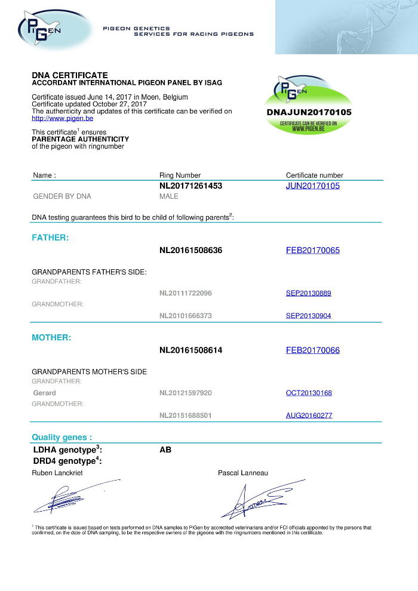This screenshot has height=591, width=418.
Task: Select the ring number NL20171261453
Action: [x=190, y=186]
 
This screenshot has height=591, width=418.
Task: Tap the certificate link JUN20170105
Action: [x=313, y=186]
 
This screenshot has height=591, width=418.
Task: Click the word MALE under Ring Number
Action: [x=169, y=196]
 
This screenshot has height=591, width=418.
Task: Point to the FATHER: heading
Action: [x=50, y=238]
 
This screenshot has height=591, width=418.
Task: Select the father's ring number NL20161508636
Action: [x=190, y=251]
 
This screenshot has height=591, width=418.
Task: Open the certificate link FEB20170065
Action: [x=313, y=251]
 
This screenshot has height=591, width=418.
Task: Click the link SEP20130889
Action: [x=309, y=293]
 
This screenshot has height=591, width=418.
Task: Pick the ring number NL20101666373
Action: [x=186, y=316]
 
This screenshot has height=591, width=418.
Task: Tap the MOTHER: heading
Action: [x=51, y=337]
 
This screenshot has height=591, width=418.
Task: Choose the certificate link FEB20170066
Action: [x=313, y=350]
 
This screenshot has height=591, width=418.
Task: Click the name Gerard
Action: [x=44, y=393]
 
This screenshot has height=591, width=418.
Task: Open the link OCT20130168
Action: [x=309, y=393]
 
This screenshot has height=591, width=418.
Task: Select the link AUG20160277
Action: [x=309, y=415]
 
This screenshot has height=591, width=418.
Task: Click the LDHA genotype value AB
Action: [x=165, y=450]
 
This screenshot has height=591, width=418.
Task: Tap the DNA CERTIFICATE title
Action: [x=70, y=75]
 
